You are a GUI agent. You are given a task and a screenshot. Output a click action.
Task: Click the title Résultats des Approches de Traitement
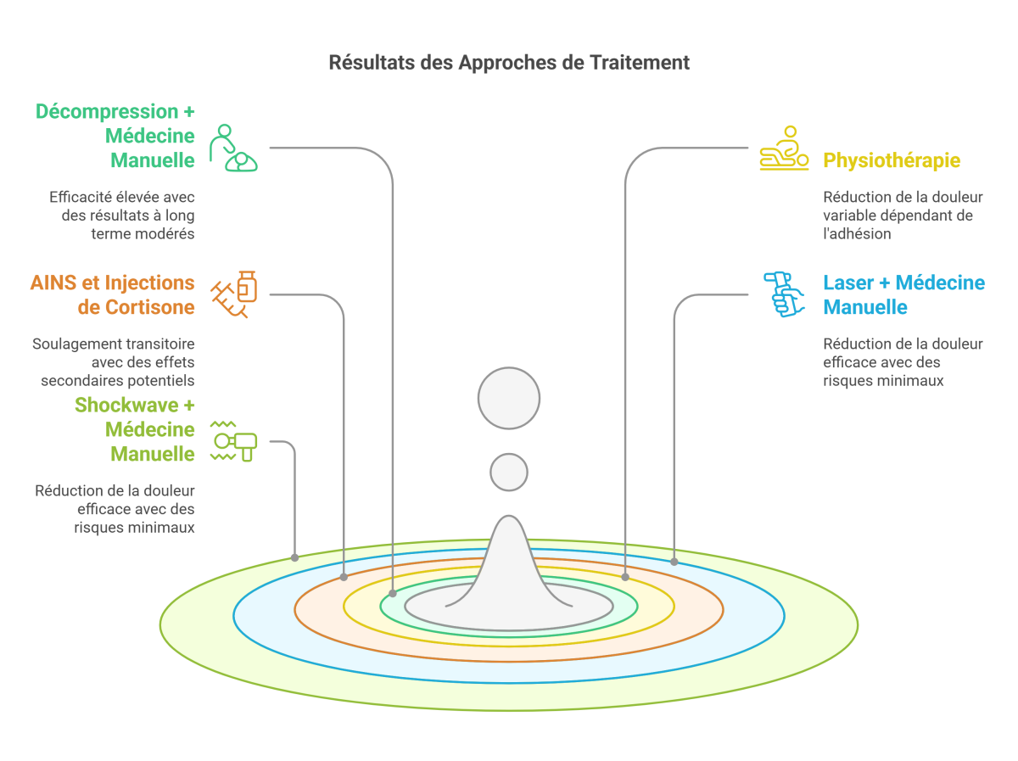pyautogui.click(x=509, y=63)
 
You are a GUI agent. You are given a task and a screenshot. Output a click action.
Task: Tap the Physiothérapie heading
pyautogui.click(x=892, y=160)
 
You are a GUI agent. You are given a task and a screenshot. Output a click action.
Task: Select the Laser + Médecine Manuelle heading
pyautogui.click(x=904, y=294)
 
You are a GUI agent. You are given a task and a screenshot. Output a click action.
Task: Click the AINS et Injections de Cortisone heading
pyautogui.click(x=113, y=294)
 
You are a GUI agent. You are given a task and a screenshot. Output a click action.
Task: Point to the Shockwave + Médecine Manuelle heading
pyautogui.click(x=135, y=429)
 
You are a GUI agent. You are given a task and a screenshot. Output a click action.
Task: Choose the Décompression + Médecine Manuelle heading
pyautogui.click(x=115, y=136)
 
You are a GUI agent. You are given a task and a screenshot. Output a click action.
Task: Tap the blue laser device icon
pyautogui.click(x=784, y=294)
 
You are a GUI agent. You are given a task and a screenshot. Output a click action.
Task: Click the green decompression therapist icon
pyautogui.click(x=233, y=148)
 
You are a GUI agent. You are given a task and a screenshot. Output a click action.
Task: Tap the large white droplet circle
pyautogui.click(x=509, y=398)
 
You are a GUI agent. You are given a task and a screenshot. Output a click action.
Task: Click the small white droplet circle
pyautogui.click(x=509, y=472)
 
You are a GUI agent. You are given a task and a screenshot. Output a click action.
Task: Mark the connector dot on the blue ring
pyautogui.click(x=674, y=562)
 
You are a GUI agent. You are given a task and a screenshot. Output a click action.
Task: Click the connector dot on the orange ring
pyautogui.click(x=344, y=577)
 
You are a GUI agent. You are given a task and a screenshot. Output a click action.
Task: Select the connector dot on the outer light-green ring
pyautogui.click(x=294, y=557)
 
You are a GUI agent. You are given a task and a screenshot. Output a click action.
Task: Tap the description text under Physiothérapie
pyautogui.click(x=891, y=215)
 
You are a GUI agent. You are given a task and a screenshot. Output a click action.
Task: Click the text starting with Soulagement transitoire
pyautogui.click(x=114, y=362)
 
